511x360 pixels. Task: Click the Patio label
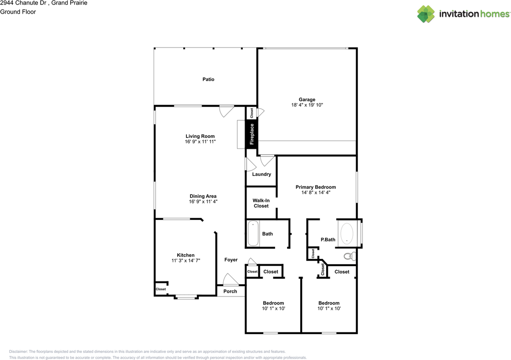point(208,79)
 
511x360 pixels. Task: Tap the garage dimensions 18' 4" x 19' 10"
point(307,105)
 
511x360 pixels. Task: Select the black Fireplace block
point(252,135)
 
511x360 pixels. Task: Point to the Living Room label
point(200,136)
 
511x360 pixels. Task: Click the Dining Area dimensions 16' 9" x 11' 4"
point(203,201)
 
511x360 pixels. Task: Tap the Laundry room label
point(261,174)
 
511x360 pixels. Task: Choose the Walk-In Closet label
point(261,203)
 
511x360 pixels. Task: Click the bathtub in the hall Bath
point(253,233)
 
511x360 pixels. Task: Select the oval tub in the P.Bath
point(347,233)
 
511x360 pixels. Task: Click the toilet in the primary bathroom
point(350,256)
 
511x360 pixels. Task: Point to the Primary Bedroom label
point(316,187)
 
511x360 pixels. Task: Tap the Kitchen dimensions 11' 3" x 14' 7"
point(186,261)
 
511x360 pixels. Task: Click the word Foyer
point(231,260)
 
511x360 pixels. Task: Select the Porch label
point(230,291)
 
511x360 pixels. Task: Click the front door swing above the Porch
point(230,279)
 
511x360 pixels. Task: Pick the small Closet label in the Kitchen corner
point(160,289)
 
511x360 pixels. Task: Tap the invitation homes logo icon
point(426,14)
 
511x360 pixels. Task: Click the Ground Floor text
point(18,12)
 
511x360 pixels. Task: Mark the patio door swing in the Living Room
point(226,111)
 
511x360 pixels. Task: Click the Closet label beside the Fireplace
point(252,113)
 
